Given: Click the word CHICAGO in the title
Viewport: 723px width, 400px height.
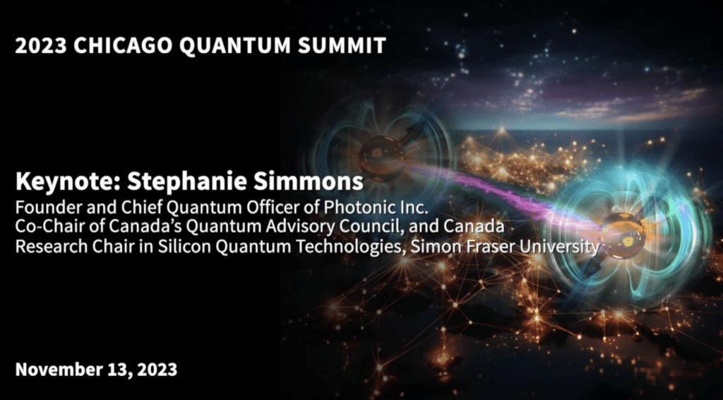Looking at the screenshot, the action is click(123, 46).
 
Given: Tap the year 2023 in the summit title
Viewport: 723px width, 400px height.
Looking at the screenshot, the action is click(41, 46).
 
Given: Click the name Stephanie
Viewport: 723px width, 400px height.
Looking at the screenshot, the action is click(186, 182).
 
